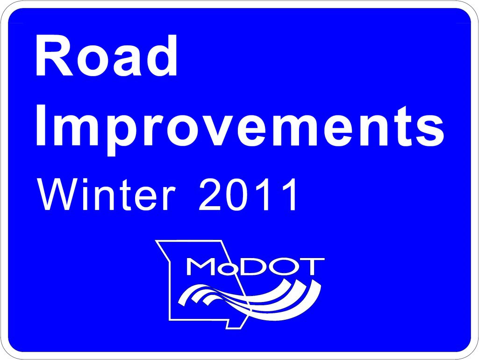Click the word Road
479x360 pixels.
pyautogui.click(x=106, y=56)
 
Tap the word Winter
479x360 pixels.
pyautogui.click(x=106, y=194)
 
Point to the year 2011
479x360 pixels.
pyautogui.click(x=247, y=194)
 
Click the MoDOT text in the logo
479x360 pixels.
pyautogui.click(x=255, y=267)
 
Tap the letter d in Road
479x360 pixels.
pyautogui.click(x=161, y=56)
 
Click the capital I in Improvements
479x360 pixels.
pyautogui.click(x=41, y=125)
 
